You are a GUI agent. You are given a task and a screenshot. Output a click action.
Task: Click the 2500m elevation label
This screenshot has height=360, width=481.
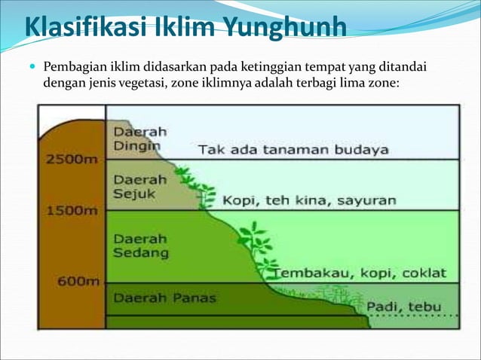(72, 160)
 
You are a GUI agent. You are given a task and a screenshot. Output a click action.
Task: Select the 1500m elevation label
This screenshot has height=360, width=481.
(72, 210)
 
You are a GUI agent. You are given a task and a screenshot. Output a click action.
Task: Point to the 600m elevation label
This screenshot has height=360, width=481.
(79, 281)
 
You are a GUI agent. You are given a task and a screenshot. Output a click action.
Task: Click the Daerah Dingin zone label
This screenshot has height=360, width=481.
(140, 138)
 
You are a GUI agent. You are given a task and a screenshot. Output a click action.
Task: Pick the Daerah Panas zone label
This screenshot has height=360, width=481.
(164, 297)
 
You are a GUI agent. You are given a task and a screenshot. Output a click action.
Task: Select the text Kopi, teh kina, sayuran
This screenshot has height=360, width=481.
(309, 200)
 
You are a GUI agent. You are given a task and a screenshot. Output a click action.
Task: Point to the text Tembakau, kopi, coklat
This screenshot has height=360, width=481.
(360, 272)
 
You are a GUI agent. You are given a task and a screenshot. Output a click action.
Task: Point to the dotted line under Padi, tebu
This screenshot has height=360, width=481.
(415, 316)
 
